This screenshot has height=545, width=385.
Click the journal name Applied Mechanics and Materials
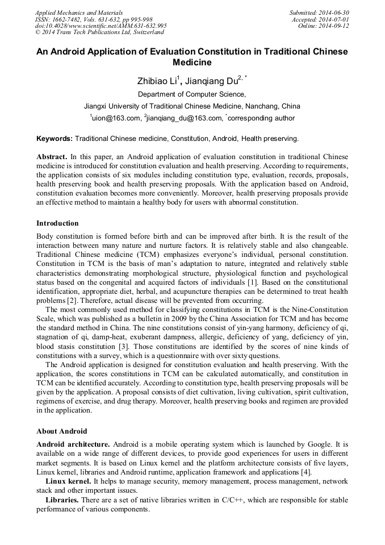pos(79,12)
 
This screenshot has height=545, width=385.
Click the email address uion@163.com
pos(116,118)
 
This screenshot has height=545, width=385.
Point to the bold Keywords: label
pos(55,139)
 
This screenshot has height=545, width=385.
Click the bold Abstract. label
pos(52,156)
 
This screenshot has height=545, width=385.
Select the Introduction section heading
pos(57,223)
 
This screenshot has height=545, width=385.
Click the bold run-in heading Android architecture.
pos(73,444)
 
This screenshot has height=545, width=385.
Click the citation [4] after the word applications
pos(306,472)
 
